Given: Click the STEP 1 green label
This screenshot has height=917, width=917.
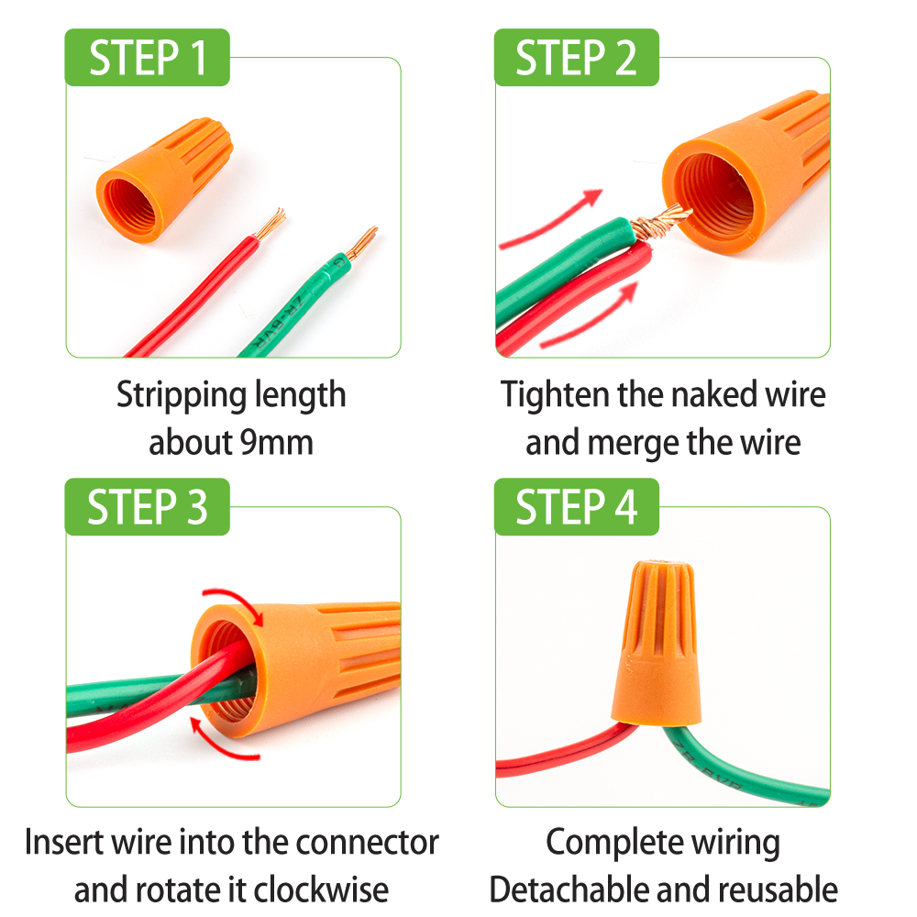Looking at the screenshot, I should pos(147,58).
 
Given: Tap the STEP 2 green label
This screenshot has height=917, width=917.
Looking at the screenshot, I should pos(576,58).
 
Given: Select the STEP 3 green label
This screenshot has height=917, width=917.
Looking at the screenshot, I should pos(147,507).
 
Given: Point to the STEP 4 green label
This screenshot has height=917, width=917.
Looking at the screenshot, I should pos(576,507).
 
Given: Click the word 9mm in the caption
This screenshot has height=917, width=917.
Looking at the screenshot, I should pos(276,443).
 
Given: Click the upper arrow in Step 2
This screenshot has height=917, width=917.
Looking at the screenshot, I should pos(550,220).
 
